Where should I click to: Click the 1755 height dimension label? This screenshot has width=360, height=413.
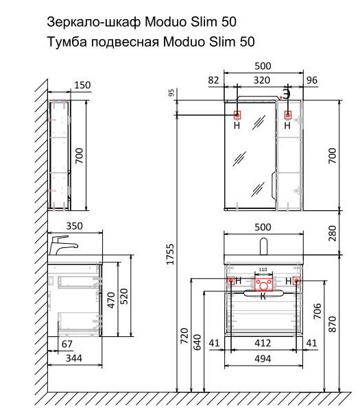point(170,254)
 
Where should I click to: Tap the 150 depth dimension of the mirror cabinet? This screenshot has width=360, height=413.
point(82,85)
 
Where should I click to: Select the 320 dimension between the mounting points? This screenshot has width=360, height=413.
point(262,80)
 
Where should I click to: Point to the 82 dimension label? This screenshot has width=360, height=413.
point(213,80)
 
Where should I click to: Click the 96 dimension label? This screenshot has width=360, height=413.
point(312,80)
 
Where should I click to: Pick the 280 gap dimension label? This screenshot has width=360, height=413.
point(333,233)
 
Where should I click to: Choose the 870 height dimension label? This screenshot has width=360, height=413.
point(333,324)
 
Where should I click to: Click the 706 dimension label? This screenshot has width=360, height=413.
point(317,311)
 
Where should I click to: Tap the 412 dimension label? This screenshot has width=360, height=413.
point(263,343)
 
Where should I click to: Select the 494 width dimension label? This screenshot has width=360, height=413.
point(263,359)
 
